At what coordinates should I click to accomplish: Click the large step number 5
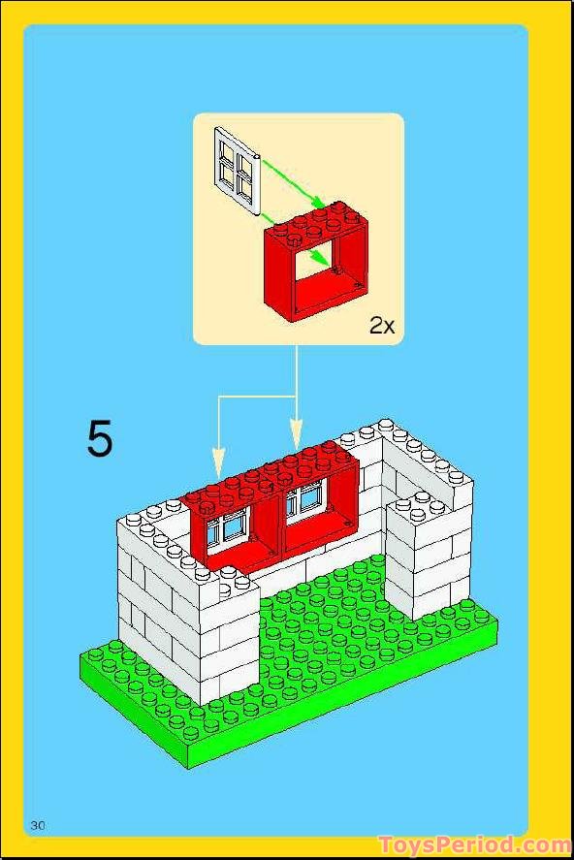tap(100, 439)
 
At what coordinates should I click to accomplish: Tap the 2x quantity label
tap(382, 326)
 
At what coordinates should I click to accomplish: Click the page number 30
tap(39, 825)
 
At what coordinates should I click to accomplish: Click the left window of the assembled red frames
tap(233, 526)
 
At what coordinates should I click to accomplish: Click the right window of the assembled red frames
tap(308, 500)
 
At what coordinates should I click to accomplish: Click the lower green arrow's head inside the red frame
tap(319, 260)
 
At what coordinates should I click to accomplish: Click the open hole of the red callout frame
tap(320, 271)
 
